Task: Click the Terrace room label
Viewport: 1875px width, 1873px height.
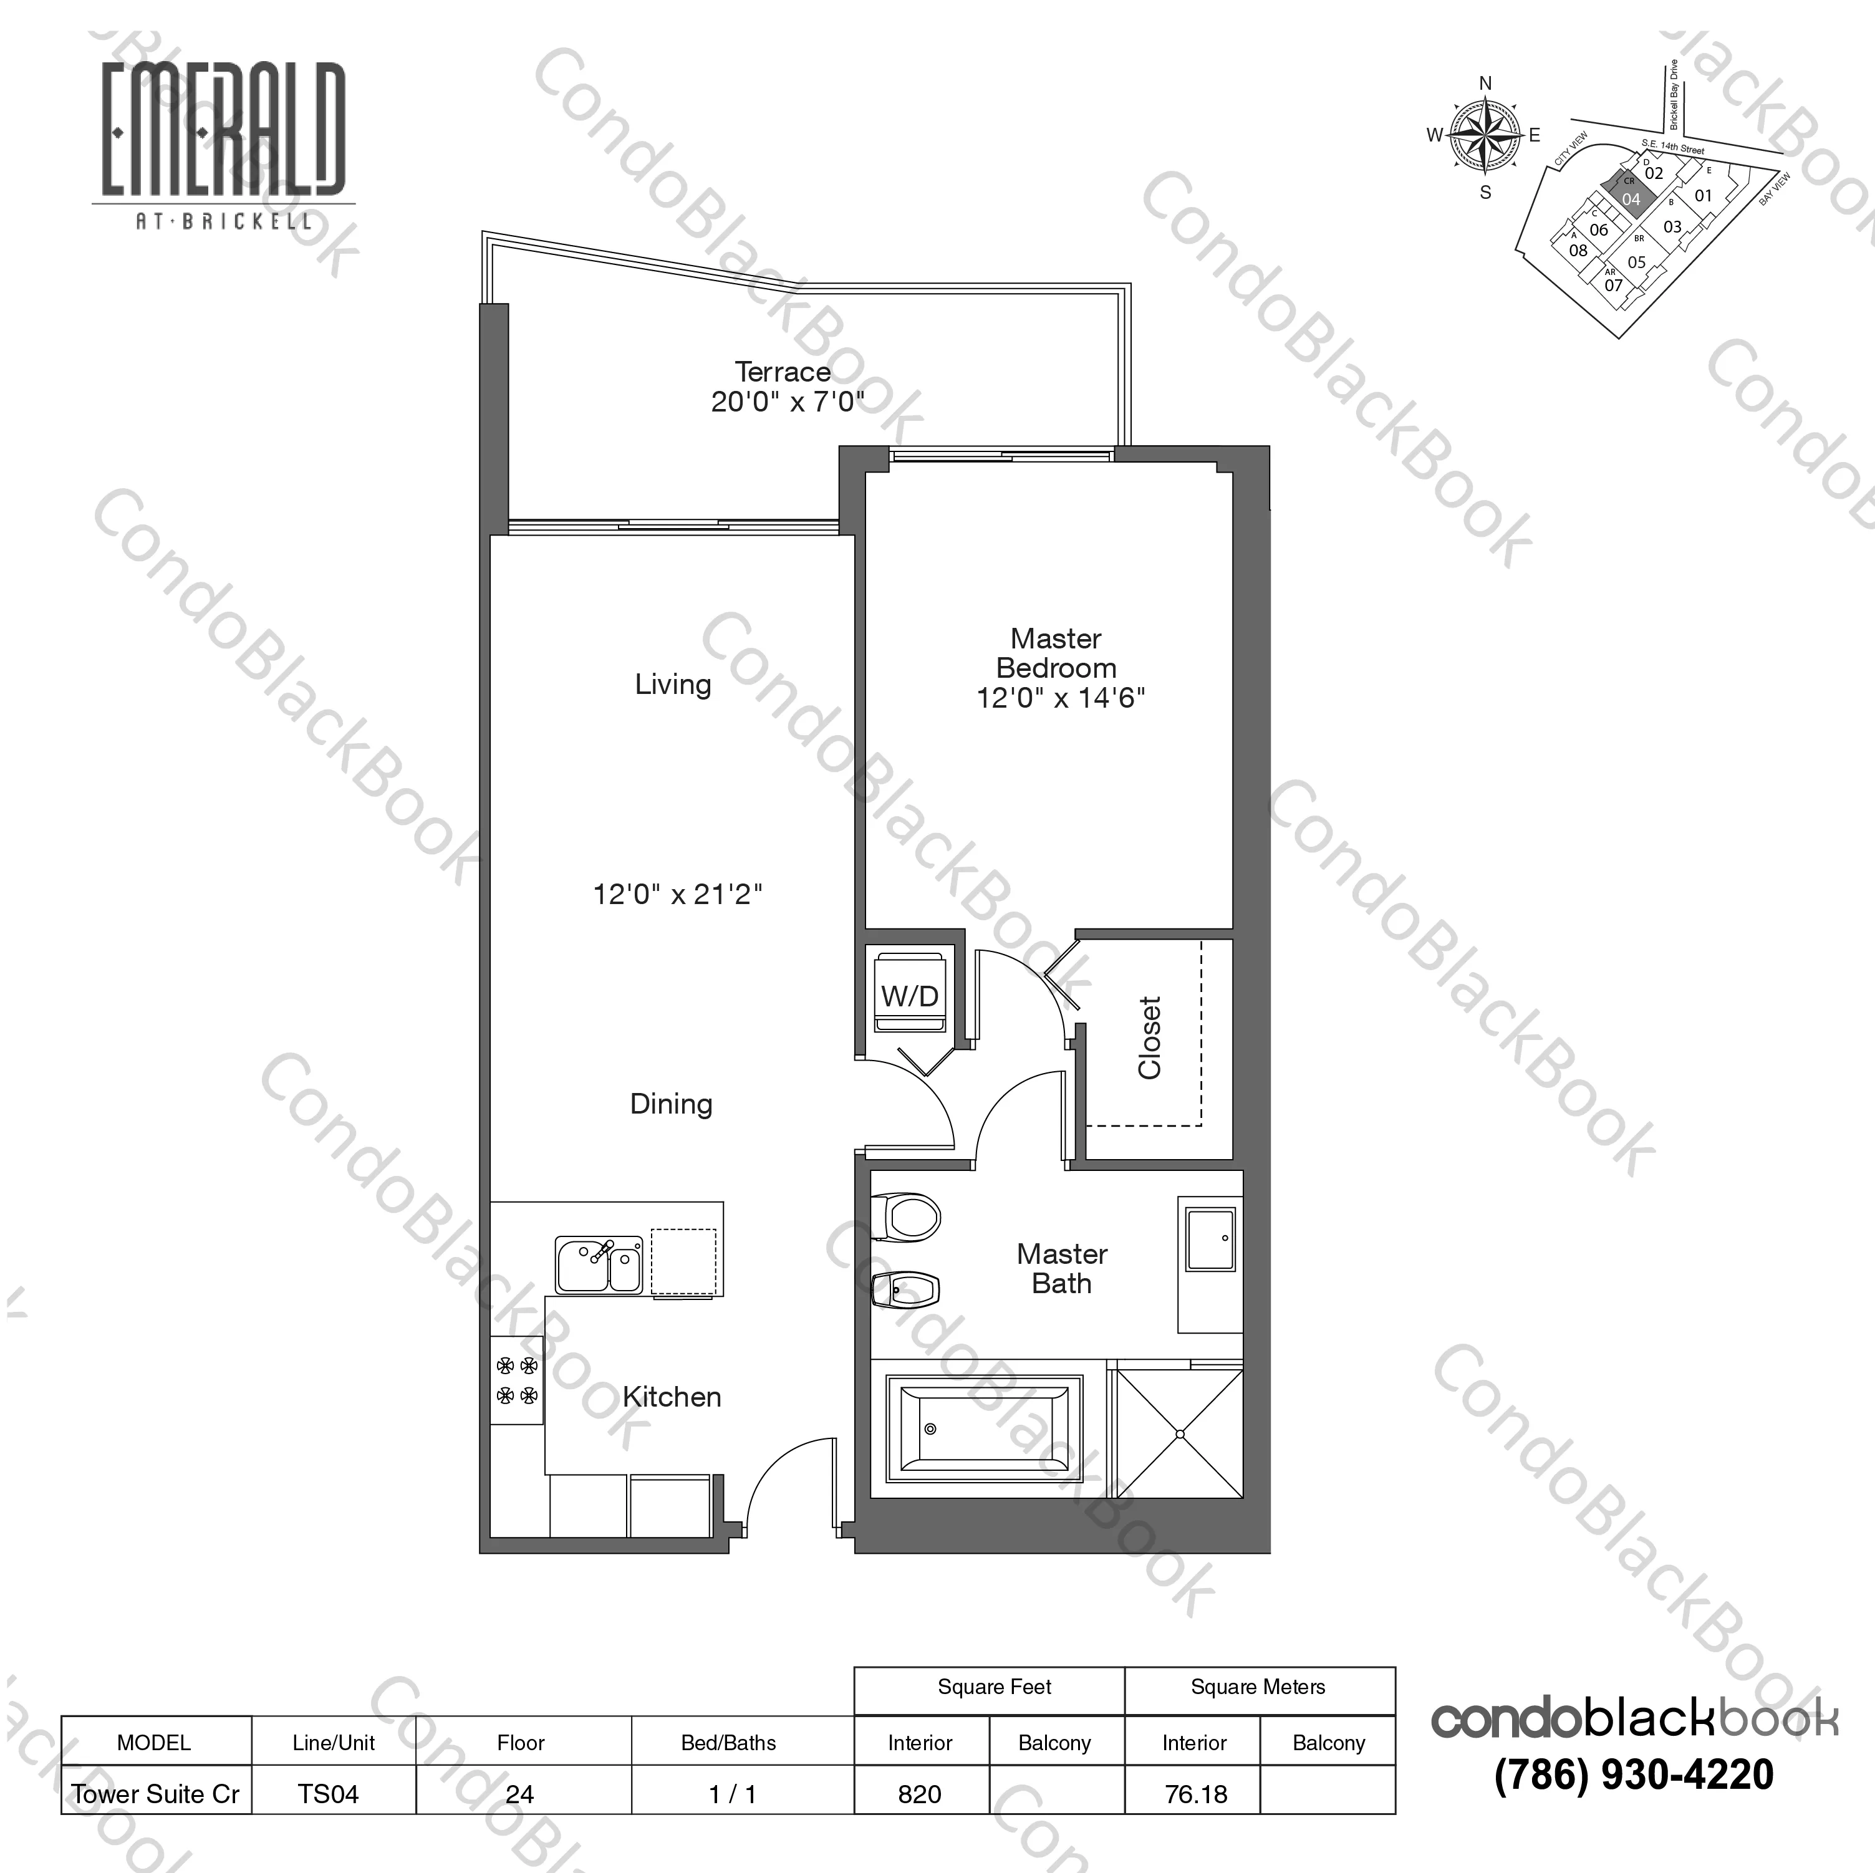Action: click(782, 372)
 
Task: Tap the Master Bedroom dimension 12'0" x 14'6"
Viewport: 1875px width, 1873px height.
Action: click(1061, 698)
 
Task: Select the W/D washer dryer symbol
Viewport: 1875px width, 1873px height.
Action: click(910, 994)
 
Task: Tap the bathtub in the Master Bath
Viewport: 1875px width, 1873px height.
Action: click(984, 1428)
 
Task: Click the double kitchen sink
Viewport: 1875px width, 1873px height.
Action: click(599, 1264)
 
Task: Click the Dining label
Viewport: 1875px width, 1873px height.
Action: click(670, 1104)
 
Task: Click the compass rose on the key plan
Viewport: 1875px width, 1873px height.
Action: click(1485, 137)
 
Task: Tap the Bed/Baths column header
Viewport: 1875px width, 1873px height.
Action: click(729, 1743)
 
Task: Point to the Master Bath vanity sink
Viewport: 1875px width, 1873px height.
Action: click(1211, 1240)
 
